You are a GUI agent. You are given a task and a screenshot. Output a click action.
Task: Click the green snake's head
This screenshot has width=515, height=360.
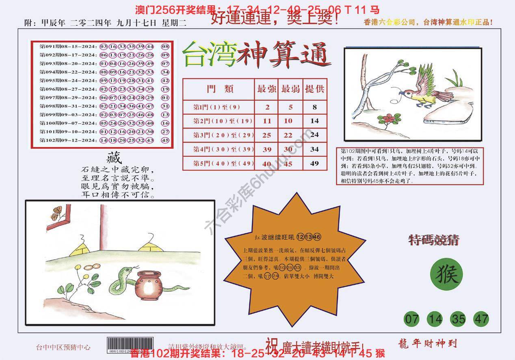point(126,269)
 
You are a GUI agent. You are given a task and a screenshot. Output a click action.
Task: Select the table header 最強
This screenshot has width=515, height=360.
point(266,89)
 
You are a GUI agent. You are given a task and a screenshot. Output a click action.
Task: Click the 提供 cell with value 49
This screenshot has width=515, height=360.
point(314,163)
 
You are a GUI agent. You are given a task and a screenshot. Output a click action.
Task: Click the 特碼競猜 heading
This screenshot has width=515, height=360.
point(433,241)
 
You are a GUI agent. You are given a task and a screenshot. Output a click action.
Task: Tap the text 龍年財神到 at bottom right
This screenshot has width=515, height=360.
point(425,344)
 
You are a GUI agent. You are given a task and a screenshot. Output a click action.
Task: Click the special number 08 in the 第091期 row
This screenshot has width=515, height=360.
point(165,46)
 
